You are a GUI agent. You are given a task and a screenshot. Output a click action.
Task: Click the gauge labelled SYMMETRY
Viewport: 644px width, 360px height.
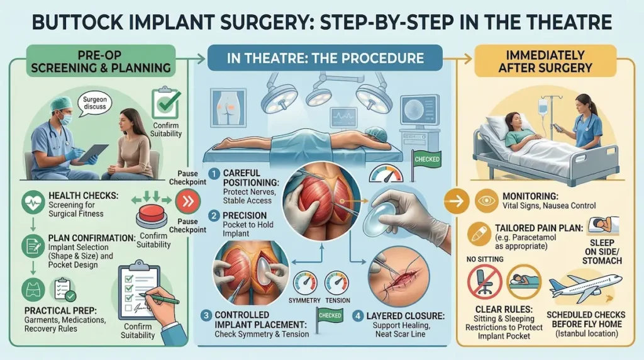(x=304, y=283)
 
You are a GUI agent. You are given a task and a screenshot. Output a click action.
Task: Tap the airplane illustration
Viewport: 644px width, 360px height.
(x=585, y=287)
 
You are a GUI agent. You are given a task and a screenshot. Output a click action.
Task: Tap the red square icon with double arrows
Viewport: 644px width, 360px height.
(x=185, y=201)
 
